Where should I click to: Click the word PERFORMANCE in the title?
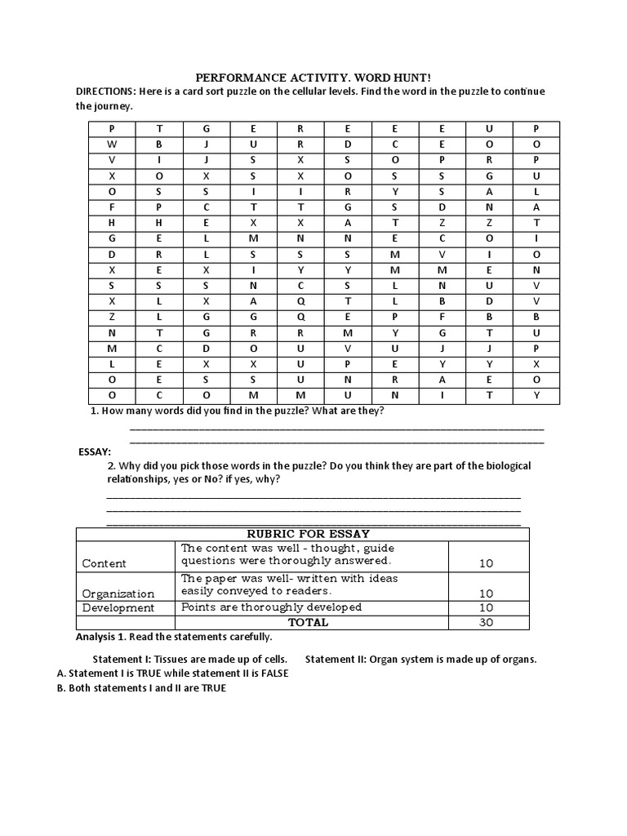point(236,77)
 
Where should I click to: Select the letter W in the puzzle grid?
point(112,144)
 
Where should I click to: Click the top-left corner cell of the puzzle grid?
point(112,129)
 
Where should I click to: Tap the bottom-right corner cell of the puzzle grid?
point(536,395)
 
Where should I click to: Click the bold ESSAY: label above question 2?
point(94,451)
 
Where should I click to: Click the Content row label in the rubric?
point(104,563)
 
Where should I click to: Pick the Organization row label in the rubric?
point(118,594)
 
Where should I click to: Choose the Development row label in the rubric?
point(118,607)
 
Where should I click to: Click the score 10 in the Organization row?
point(487,594)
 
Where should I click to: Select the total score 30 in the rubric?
point(487,622)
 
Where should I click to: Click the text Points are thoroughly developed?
point(271,607)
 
